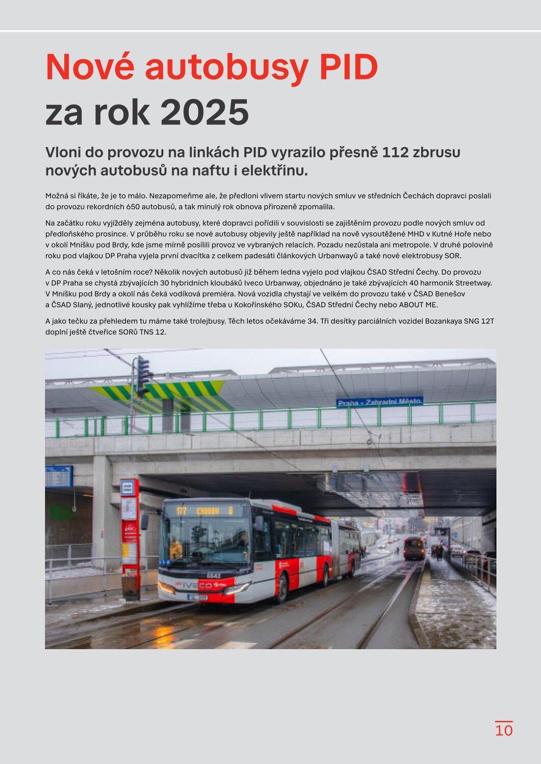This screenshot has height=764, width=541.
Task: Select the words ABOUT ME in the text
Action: (418, 305)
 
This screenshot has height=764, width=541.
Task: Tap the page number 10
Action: (504, 730)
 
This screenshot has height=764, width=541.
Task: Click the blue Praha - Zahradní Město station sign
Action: (379, 402)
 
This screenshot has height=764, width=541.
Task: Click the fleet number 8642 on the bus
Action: (214, 576)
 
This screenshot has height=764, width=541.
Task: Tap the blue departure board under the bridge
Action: (59, 477)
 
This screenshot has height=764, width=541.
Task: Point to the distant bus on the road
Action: (414, 548)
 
